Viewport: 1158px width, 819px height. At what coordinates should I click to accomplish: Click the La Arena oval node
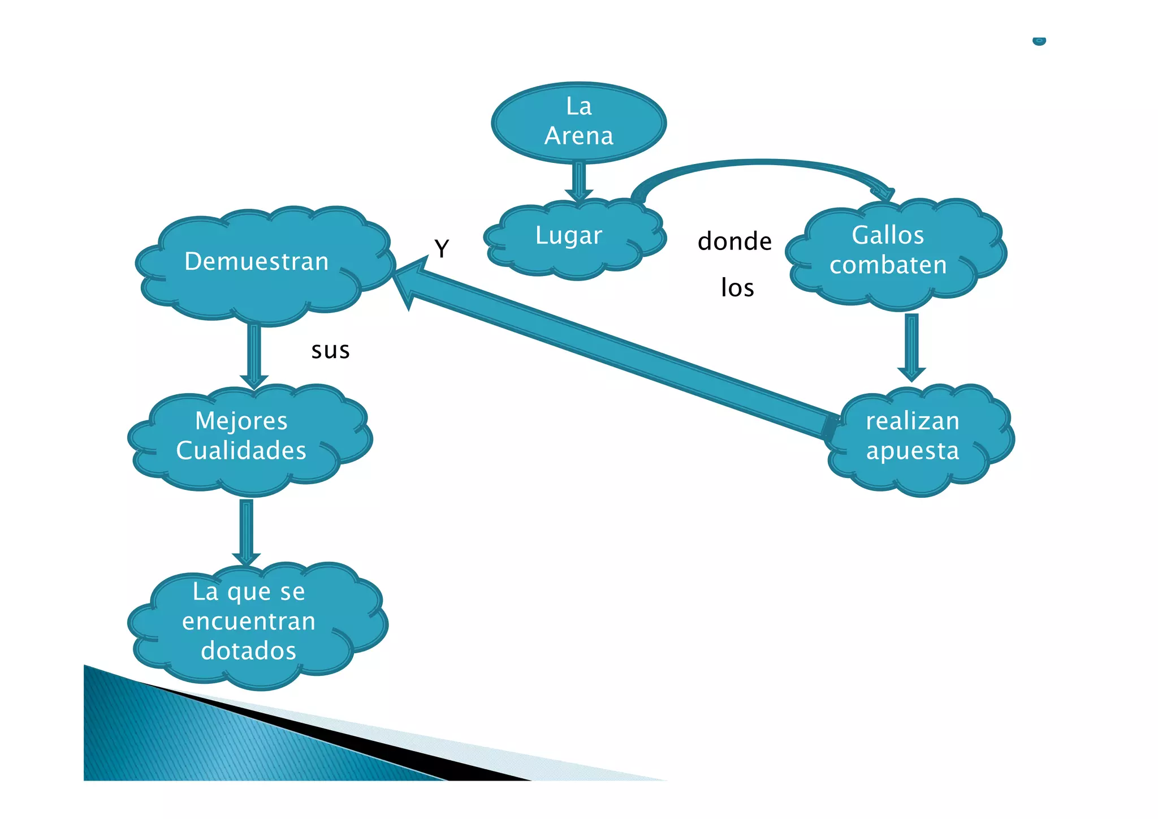point(579,123)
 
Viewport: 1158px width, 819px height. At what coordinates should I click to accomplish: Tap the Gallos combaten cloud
point(896,253)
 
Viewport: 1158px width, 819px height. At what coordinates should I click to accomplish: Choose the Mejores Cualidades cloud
point(249,440)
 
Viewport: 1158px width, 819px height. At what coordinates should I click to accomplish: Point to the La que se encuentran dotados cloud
point(257,626)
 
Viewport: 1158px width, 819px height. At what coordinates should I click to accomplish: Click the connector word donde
point(734,242)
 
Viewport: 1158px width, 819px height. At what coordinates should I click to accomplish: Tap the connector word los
point(737,287)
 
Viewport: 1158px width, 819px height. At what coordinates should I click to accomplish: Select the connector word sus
point(331,351)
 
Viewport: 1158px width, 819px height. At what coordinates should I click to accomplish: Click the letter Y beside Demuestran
point(442,248)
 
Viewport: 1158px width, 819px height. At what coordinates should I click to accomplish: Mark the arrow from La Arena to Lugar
point(579,182)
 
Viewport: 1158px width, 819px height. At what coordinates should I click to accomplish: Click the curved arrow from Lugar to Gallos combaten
point(761,163)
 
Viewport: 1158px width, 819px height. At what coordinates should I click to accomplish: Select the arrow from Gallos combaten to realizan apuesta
point(911,347)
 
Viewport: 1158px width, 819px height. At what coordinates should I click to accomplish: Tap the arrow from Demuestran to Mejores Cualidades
point(254,357)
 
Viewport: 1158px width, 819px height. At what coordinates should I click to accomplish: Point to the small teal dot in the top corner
point(1039,41)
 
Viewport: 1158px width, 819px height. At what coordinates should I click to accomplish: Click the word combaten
point(888,265)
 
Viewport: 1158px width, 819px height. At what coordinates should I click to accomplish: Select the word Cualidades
point(241,450)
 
